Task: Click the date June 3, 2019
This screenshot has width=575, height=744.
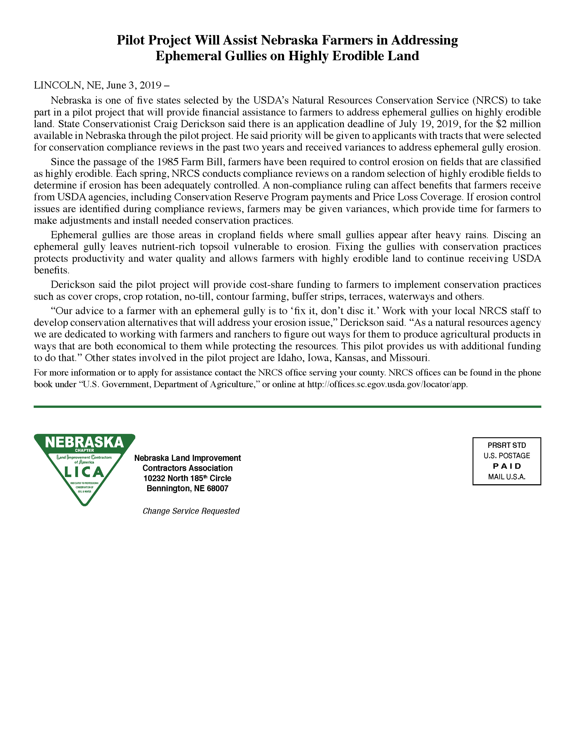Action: point(134,85)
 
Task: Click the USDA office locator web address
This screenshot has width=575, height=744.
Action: point(387,385)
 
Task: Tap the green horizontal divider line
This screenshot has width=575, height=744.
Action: point(287,406)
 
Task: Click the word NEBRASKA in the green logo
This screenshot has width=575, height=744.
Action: point(84,442)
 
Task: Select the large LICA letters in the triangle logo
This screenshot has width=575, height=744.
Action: point(84,472)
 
